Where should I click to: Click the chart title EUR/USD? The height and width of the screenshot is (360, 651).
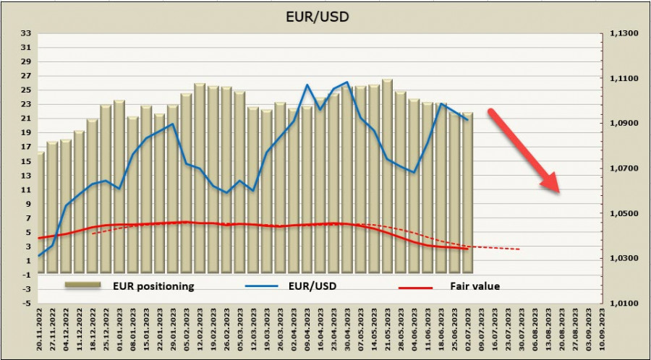pos(325,15)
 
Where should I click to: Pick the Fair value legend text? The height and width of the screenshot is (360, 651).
pos(474,286)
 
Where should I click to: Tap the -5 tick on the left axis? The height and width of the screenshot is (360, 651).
pos(24,304)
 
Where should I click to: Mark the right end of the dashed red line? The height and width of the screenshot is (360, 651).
pos(519,249)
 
